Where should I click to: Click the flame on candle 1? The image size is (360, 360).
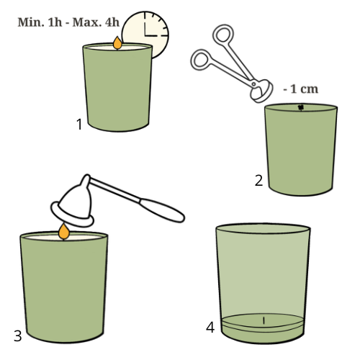[117, 43]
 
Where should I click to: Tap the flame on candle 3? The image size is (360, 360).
[64, 232]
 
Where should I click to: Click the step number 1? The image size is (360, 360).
[79, 125]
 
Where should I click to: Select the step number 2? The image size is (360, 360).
[258, 181]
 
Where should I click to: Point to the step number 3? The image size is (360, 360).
[18, 336]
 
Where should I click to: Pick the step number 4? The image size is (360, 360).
[210, 327]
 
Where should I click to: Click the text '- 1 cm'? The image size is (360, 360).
[301, 89]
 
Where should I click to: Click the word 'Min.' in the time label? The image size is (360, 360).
[31, 22]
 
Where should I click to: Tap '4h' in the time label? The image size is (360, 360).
[112, 22]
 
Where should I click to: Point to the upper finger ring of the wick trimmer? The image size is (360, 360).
[223, 34]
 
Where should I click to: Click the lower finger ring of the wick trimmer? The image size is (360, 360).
[201, 60]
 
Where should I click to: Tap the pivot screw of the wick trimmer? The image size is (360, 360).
[253, 84]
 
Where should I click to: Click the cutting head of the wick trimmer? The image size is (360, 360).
[261, 91]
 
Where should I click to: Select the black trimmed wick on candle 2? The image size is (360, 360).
[301, 108]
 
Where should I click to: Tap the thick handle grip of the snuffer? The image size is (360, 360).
[162, 210]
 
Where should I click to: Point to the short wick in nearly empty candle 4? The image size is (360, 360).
[264, 320]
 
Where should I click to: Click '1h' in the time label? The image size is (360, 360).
[55, 22]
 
